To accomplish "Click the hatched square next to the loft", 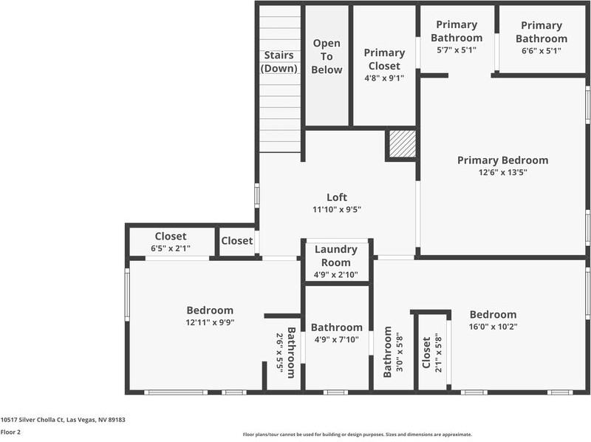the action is tap(402, 143).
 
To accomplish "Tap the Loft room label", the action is tap(337, 197).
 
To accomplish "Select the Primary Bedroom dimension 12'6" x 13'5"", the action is tap(503, 172).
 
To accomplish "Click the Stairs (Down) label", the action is tap(279, 61).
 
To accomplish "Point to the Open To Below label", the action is tap(327, 57).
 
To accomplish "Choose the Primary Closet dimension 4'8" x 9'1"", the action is tap(384, 78).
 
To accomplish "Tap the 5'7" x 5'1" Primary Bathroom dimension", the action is tap(457, 50).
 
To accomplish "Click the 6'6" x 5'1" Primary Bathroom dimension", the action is tap(542, 50).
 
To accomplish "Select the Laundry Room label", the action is tap(336, 256).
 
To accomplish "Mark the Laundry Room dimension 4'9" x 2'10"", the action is tap(336, 274).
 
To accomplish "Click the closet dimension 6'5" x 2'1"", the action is tap(171, 248).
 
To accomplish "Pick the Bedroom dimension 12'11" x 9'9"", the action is tap(210, 322).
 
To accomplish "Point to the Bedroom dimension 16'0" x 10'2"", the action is tap(493, 327).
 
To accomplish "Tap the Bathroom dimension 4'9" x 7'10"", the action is tap(337, 339).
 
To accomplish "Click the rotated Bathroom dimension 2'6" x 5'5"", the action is tap(279, 353).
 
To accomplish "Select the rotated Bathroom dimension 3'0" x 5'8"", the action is tap(400, 353).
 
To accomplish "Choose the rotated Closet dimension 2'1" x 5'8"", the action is tap(438, 353).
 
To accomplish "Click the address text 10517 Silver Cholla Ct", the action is tap(32, 419).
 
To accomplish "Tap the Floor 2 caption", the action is tap(10, 432).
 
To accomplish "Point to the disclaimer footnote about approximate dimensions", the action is tap(358, 435).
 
